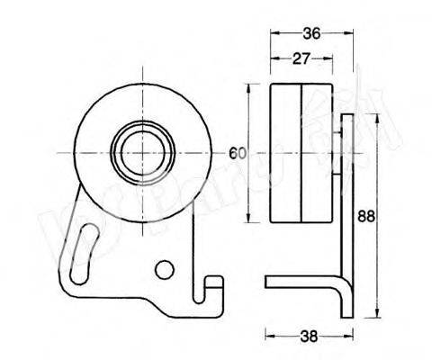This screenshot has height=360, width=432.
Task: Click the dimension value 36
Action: pos(310,33)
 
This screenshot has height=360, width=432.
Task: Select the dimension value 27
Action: pos(301,59)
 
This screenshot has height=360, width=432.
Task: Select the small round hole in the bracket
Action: pos(163,269)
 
